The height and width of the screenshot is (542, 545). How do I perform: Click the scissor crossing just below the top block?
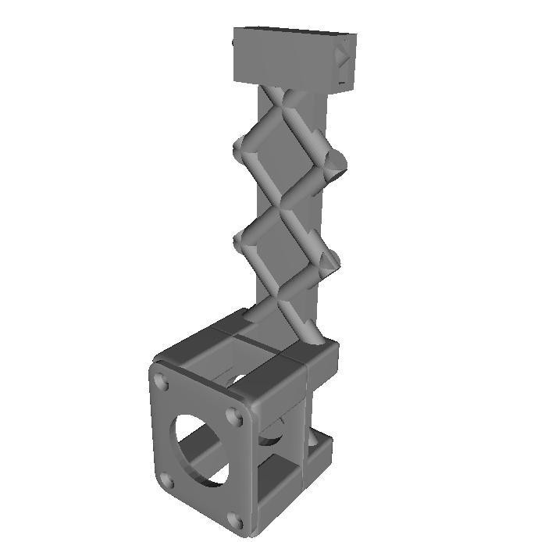tap(283, 99)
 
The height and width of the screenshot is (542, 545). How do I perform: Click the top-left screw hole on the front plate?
tap(162, 382)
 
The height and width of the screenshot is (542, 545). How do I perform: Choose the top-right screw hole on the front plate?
tap(235, 417)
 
